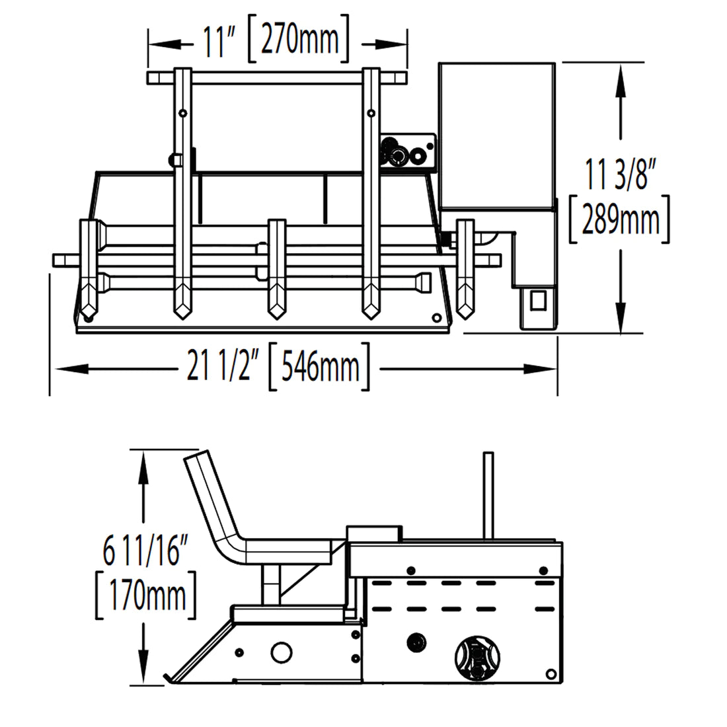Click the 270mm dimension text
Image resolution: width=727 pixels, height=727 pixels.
299,41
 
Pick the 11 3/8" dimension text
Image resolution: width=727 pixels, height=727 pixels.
620,176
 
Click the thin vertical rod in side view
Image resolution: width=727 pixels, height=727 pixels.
488,495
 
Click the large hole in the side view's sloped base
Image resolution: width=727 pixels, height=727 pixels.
280,651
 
